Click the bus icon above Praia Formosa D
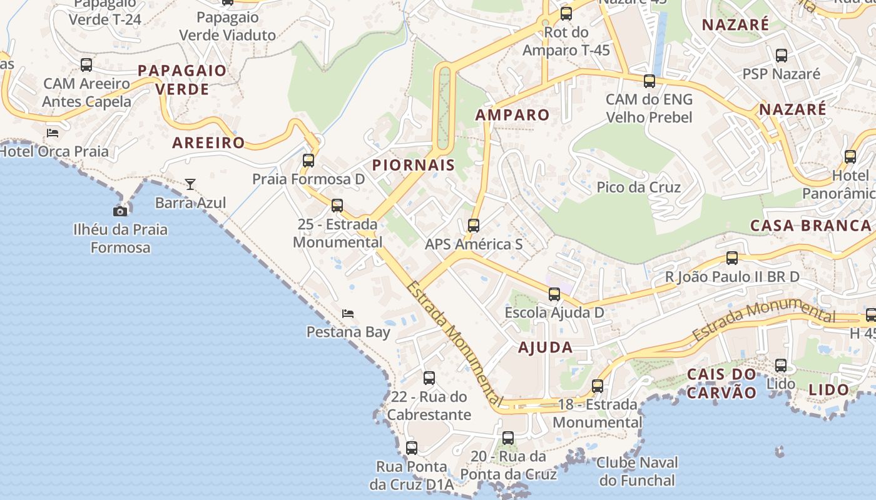[x=308, y=160]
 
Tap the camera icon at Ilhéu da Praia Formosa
[x=120, y=211]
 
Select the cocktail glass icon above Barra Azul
[x=190, y=184]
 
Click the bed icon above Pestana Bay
[x=348, y=313]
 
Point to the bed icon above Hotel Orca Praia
[x=53, y=132]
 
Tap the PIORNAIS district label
[x=413, y=165]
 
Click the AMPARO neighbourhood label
[x=512, y=115]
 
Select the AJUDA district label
[x=545, y=347]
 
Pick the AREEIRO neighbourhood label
[x=208, y=142]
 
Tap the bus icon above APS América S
[x=474, y=225]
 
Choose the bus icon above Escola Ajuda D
[x=554, y=294]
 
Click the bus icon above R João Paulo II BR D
[x=731, y=257]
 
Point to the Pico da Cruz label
[x=638, y=187]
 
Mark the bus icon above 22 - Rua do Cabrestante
[x=429, y=377]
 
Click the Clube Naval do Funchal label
[x=637, y=471]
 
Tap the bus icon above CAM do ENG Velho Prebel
[x=649, y=81]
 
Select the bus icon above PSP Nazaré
[x=781, y=55]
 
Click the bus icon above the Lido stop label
[x=781, y=365]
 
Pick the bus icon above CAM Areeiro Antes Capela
[x=86, y=64]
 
